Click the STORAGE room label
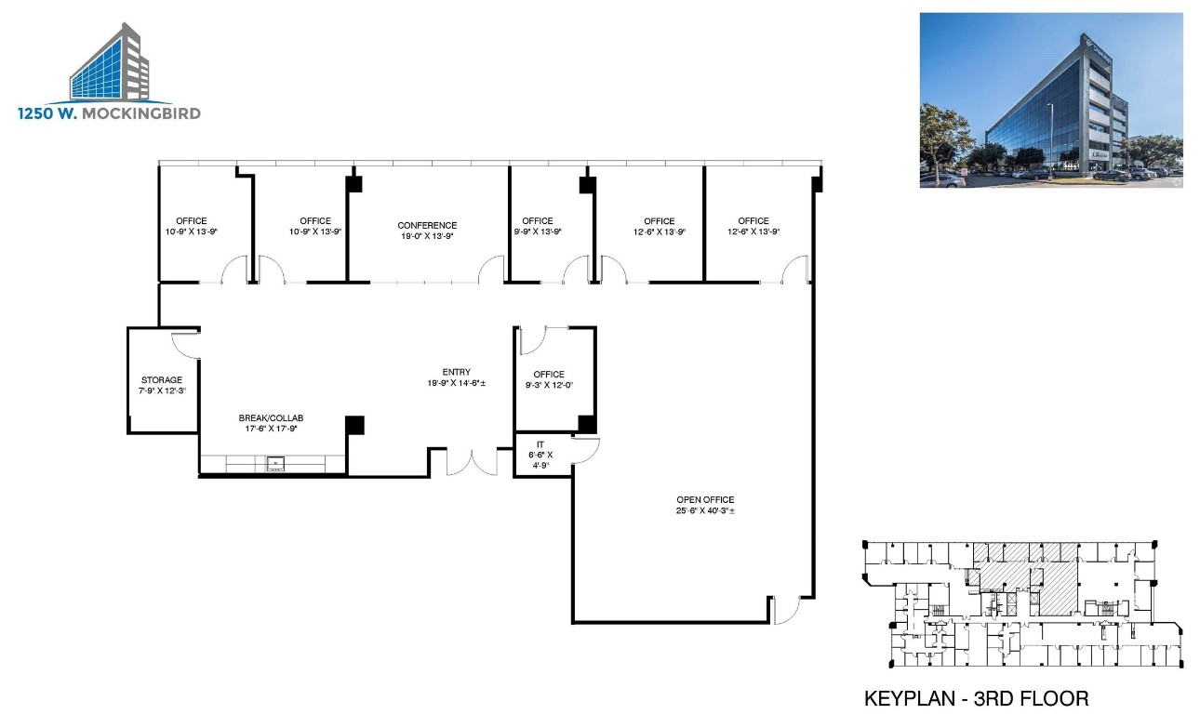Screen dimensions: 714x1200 162,379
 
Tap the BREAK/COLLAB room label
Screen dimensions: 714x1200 271,418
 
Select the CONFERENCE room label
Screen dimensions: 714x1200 427,225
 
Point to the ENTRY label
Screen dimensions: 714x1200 456,372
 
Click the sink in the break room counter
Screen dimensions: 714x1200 275,463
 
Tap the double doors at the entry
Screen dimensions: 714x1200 473,462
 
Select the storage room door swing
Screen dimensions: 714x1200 186,343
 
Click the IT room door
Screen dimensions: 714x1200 586,451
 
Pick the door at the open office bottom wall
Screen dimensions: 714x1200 785,610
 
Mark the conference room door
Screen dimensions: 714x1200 491,271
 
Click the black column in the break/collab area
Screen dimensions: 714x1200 354,425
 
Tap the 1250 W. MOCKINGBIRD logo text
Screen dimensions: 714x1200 109,113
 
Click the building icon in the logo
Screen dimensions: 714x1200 110,63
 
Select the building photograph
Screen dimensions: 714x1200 1051,99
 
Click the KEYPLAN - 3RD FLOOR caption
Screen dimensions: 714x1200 976,698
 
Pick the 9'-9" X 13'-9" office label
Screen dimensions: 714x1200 538,231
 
